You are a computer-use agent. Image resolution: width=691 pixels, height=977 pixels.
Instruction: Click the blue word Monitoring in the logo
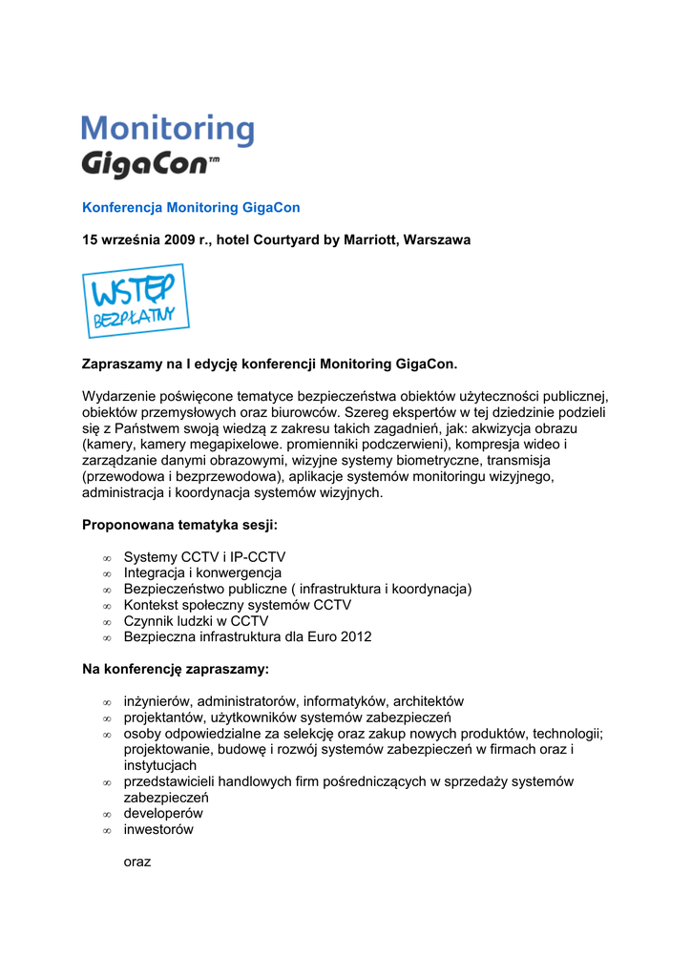167,130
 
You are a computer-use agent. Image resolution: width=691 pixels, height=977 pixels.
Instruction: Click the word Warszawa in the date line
437,239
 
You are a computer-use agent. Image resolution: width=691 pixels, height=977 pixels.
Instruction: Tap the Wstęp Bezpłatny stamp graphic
136,301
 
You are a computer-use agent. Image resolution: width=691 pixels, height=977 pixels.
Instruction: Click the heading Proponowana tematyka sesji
179,524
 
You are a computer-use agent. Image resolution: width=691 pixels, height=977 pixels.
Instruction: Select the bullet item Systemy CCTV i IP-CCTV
204,556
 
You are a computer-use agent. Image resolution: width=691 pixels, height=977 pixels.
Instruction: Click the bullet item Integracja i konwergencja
202,572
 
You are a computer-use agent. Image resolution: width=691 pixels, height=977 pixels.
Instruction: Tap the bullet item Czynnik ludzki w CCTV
196,620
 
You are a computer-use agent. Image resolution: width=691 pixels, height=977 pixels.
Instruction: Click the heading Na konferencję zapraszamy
176,669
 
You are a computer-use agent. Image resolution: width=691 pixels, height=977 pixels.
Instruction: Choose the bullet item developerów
163,813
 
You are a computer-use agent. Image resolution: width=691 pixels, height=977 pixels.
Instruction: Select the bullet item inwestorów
158,829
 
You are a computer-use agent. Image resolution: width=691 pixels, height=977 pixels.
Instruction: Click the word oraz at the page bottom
137,862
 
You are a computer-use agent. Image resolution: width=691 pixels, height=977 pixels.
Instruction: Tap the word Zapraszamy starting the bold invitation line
124,364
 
